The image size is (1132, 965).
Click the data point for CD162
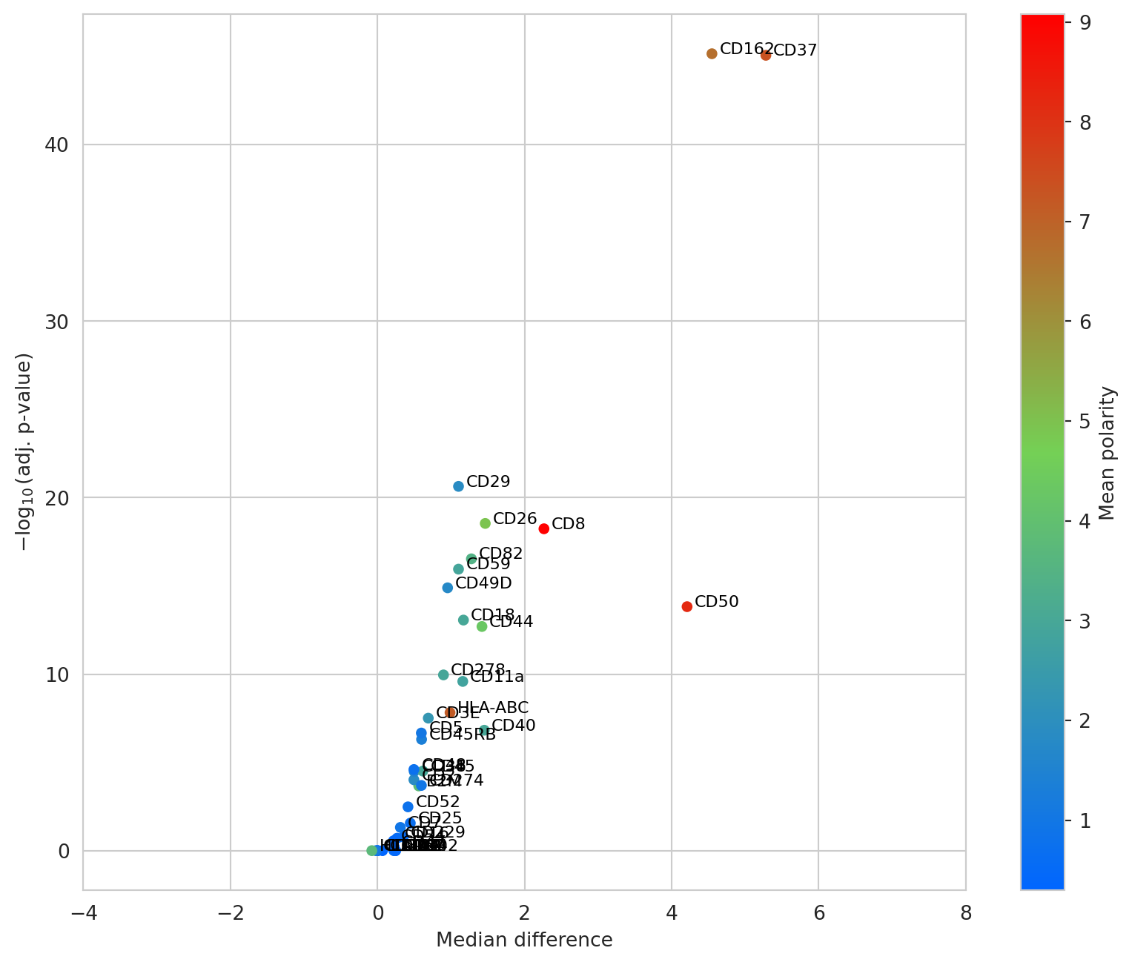(712, 53)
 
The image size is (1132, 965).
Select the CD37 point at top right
(766, 55)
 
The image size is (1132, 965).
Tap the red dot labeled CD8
(544, 528)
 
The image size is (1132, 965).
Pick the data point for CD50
(687, 606)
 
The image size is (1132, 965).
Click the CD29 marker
(458, 486)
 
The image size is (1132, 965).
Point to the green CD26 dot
(486, 523)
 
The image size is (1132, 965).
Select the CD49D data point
(448, 588)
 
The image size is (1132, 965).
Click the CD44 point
(482, 626)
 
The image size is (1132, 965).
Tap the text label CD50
(717, 602)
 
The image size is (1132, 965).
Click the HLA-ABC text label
(493, 708)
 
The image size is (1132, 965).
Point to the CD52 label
(438, 802)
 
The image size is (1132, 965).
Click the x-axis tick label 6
(819, 914)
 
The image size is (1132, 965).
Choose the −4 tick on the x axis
(83, 914)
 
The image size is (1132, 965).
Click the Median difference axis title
(524, 941)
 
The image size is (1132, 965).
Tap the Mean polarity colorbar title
(1108, 454)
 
